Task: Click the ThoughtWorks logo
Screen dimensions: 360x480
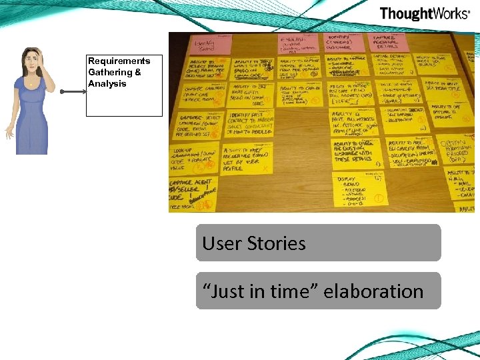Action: (424, 14)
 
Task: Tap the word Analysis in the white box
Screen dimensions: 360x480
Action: (107, 84)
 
